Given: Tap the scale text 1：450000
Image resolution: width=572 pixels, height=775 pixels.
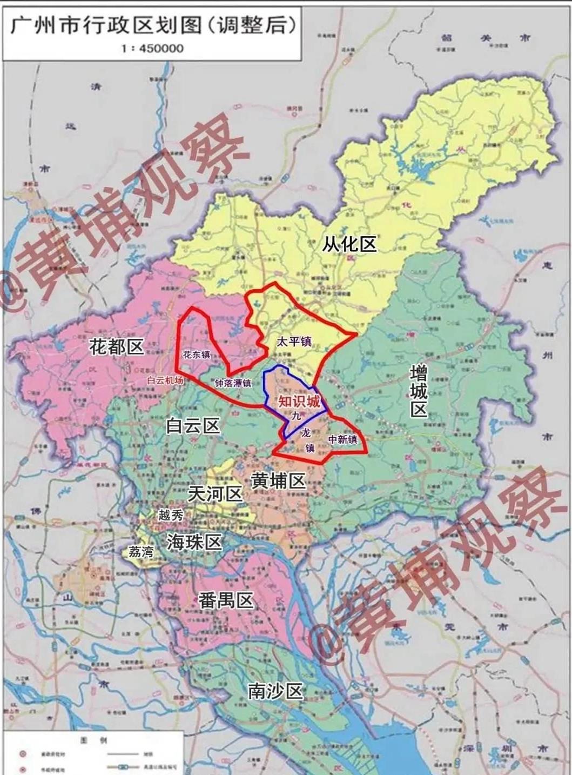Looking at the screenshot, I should pyautogui.click(x=153, y=48).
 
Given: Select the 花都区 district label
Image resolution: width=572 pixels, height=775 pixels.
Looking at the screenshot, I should pyautogui.click(x=117, y=346).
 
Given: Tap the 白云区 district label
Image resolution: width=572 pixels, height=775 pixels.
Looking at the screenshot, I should pyautogui.click(x=193, y=426).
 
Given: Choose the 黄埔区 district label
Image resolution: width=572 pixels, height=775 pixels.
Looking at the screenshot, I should pyautogui.click(x=278, y=480).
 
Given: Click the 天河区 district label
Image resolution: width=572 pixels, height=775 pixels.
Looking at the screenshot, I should pyautogui.click(x=215, y=493).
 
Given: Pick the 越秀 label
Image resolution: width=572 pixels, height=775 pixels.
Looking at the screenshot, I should pyautogui.click(x=171, y=515).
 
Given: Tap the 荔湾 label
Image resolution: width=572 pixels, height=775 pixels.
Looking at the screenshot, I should pyautogui.click(x=142, y=551).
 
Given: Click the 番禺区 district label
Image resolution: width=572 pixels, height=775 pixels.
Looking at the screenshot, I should pyautogui.click(x=226, y=600).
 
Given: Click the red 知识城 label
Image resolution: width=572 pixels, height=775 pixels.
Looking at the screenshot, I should pyautogui.click(x=299, y=402).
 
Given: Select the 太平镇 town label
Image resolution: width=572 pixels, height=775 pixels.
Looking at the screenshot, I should pyautogui.click(x=294, y=342).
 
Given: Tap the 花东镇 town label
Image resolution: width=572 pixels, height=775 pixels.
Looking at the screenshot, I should pyautogui.click(x=197, y=355).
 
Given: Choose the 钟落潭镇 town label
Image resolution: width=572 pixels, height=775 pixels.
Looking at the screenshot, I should pyautogui.click(x=233, y=383).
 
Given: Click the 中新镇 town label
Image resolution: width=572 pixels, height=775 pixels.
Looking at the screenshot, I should pyautogui.click(x=343, y=439).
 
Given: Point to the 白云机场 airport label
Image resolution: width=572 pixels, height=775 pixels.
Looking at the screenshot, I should pyautogui.click(x=165, y=380).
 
